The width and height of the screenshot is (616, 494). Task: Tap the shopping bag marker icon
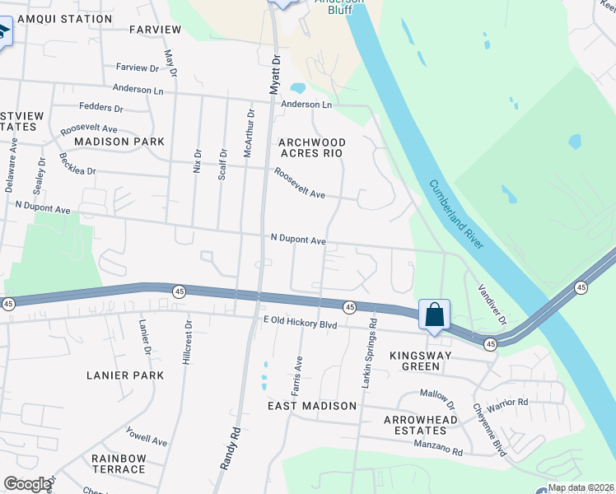point(434,315)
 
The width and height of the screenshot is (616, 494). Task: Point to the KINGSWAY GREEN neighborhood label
point(421,361)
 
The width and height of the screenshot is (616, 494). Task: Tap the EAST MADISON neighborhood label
point(312,406)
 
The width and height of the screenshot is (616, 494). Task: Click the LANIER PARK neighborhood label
point(125,375)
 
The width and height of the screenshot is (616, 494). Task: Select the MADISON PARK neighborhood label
point(119,142)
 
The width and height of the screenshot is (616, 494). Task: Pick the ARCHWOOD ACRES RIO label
point(311,147)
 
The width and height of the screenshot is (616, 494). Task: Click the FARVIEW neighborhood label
point(155,30)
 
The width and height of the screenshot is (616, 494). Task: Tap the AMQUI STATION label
point(64,18)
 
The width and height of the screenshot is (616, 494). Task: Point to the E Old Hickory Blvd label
point(300,324)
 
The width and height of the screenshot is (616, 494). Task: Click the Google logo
point(27,484)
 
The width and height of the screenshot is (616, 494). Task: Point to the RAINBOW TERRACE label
point(119,464)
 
